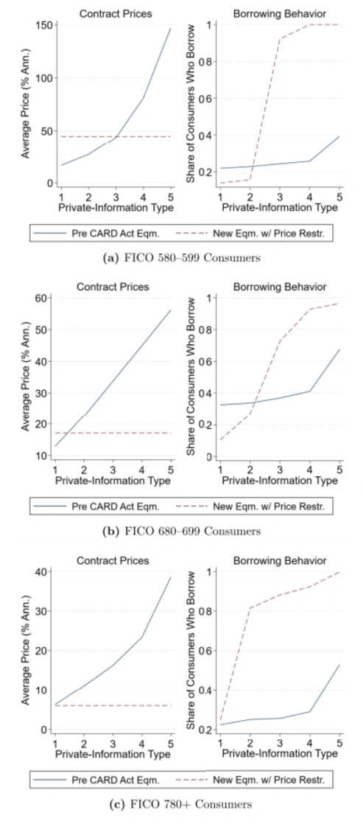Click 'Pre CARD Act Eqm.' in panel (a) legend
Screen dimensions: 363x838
click(108, 233)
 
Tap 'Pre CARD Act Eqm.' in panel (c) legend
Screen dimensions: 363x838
click(108, 779)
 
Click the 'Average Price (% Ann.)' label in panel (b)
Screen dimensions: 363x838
click(25, 377)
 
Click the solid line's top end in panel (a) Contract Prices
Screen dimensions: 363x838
click(171, 28)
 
